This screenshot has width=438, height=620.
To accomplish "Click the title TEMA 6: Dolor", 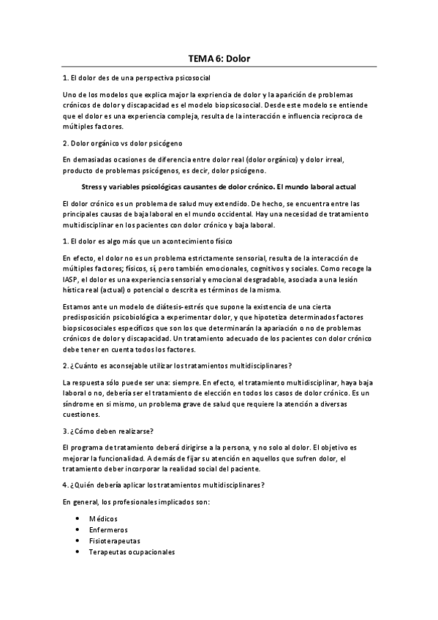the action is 219,58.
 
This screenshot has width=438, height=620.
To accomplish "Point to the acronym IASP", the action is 71,279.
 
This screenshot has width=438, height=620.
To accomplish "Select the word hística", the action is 75,290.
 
